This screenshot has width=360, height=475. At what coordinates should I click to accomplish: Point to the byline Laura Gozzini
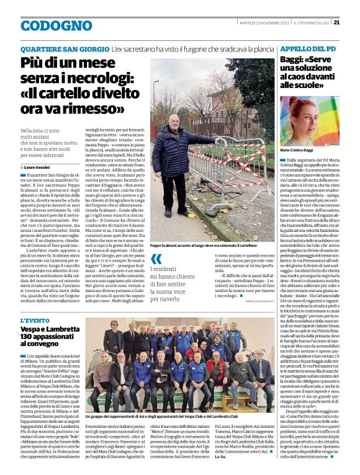[38, 167]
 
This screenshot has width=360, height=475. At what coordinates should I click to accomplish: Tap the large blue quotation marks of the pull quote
[157, 259]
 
